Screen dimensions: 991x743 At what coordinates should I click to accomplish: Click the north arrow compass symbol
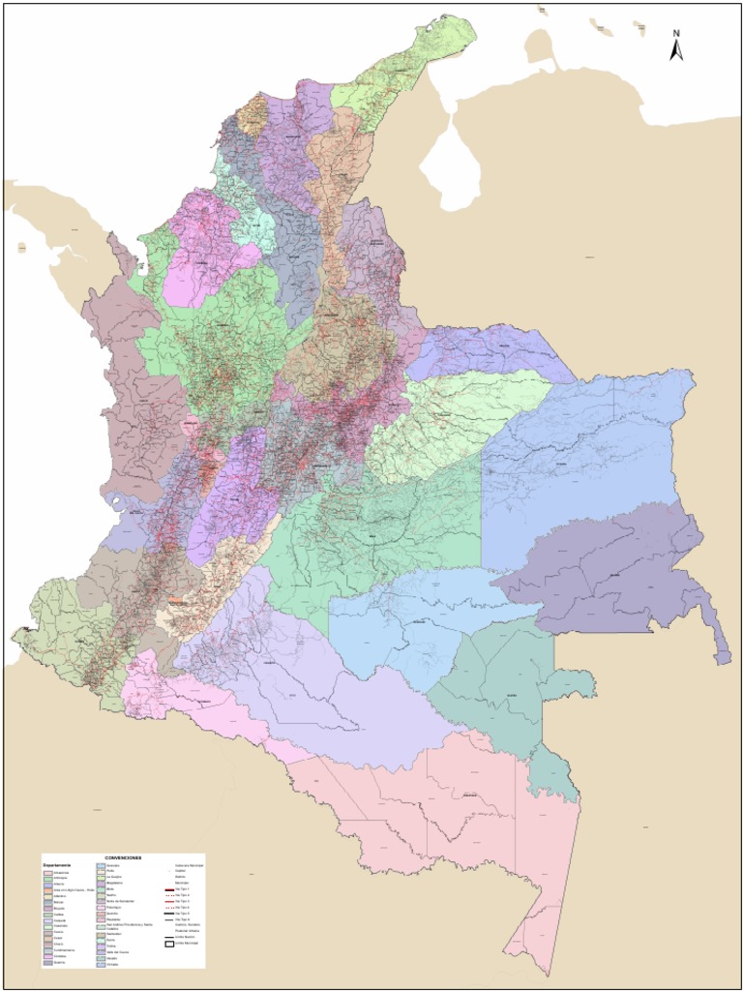coord(677,45)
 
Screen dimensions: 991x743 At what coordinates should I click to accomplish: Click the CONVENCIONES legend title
coord(124,856)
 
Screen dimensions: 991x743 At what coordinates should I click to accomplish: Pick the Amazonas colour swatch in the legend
coord(48,873)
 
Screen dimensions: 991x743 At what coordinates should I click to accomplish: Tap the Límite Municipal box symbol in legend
coord(169,946)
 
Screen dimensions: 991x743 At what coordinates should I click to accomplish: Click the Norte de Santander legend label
coord(120,901)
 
